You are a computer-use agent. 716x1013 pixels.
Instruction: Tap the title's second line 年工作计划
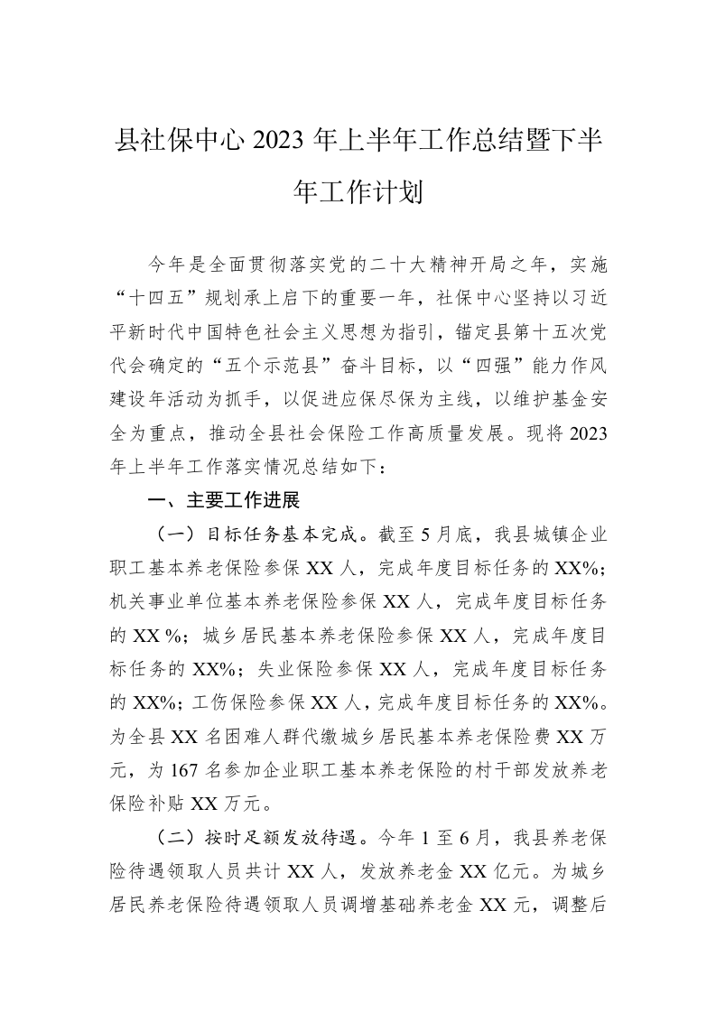358,191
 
